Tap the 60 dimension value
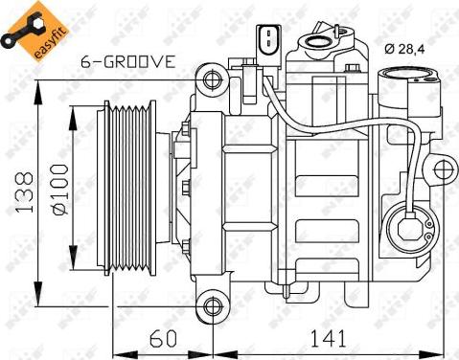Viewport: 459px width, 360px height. point(162,338)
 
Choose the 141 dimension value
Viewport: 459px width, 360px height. point(328,338)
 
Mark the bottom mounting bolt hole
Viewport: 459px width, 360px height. point(212,305)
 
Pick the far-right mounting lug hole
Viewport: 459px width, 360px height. point(443,172)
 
